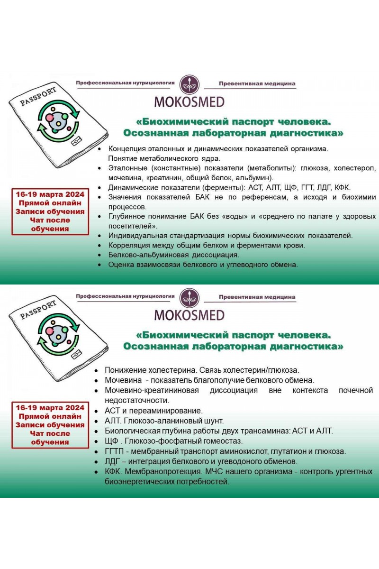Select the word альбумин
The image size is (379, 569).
(253, 178)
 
